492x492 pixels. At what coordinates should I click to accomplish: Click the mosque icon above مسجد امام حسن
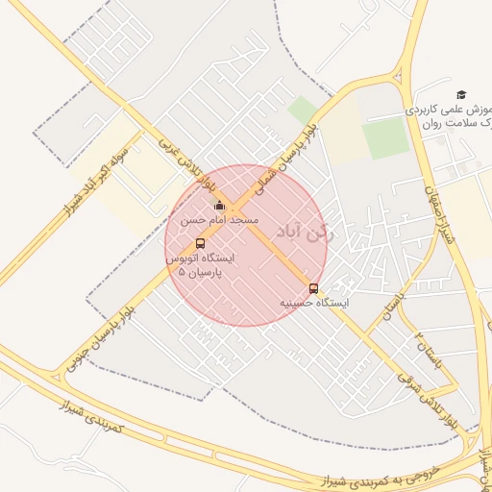tap(219, 205)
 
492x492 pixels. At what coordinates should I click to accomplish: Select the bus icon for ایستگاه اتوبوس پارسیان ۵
tap(200, 243)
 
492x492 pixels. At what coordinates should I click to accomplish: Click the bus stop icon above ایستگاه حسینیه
tap(313, 288)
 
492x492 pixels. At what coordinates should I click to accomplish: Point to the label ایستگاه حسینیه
tap(314, 302)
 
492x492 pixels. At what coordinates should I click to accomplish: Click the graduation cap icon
tap(461, 94)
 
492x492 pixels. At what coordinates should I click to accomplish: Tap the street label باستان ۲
tap(426, 350)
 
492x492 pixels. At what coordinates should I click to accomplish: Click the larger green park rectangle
tap(385, 138)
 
